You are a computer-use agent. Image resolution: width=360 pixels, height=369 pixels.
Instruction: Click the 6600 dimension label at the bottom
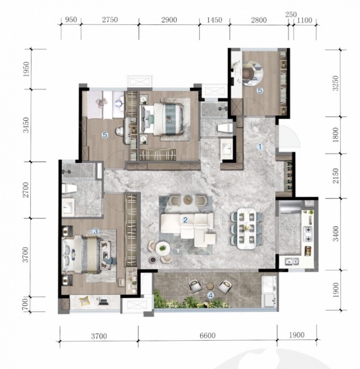coord(208,335)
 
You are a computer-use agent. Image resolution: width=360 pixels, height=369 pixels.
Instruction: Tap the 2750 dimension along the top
coord(110,20)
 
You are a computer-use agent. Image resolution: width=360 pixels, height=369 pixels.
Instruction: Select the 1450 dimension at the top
coord(215,20)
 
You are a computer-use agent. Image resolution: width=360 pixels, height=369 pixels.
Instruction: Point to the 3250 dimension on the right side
coord(336,83)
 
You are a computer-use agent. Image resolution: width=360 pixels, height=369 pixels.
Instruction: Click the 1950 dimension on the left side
coord(26,69)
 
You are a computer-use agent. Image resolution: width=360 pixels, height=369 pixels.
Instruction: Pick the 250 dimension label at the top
coord(291,14)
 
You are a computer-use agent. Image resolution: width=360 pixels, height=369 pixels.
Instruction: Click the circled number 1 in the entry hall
coord(260,146)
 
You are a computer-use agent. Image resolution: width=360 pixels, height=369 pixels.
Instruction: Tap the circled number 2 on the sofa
coord(185,220)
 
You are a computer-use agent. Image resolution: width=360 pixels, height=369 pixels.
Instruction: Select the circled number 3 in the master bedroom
coord(96,231)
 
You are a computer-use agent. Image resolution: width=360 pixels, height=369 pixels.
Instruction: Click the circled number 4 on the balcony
coord(211,295)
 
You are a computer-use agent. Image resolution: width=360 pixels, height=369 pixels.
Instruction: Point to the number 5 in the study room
coord(260,91)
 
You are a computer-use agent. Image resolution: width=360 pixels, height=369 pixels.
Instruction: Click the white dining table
coord(246,228)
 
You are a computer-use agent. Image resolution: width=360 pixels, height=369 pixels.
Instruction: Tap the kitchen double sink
coord(292,261)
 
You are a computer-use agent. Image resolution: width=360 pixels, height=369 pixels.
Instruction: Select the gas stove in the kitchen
coord(308,234)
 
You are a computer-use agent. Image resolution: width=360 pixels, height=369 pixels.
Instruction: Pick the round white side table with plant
coord(162,248)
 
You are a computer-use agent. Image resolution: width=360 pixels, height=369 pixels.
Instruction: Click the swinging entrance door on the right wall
coord(288,137)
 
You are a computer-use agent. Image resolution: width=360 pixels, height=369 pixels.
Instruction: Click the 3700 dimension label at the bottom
coord(99,336)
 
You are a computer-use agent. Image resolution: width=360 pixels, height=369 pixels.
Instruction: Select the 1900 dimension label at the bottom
coord(297,335)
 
